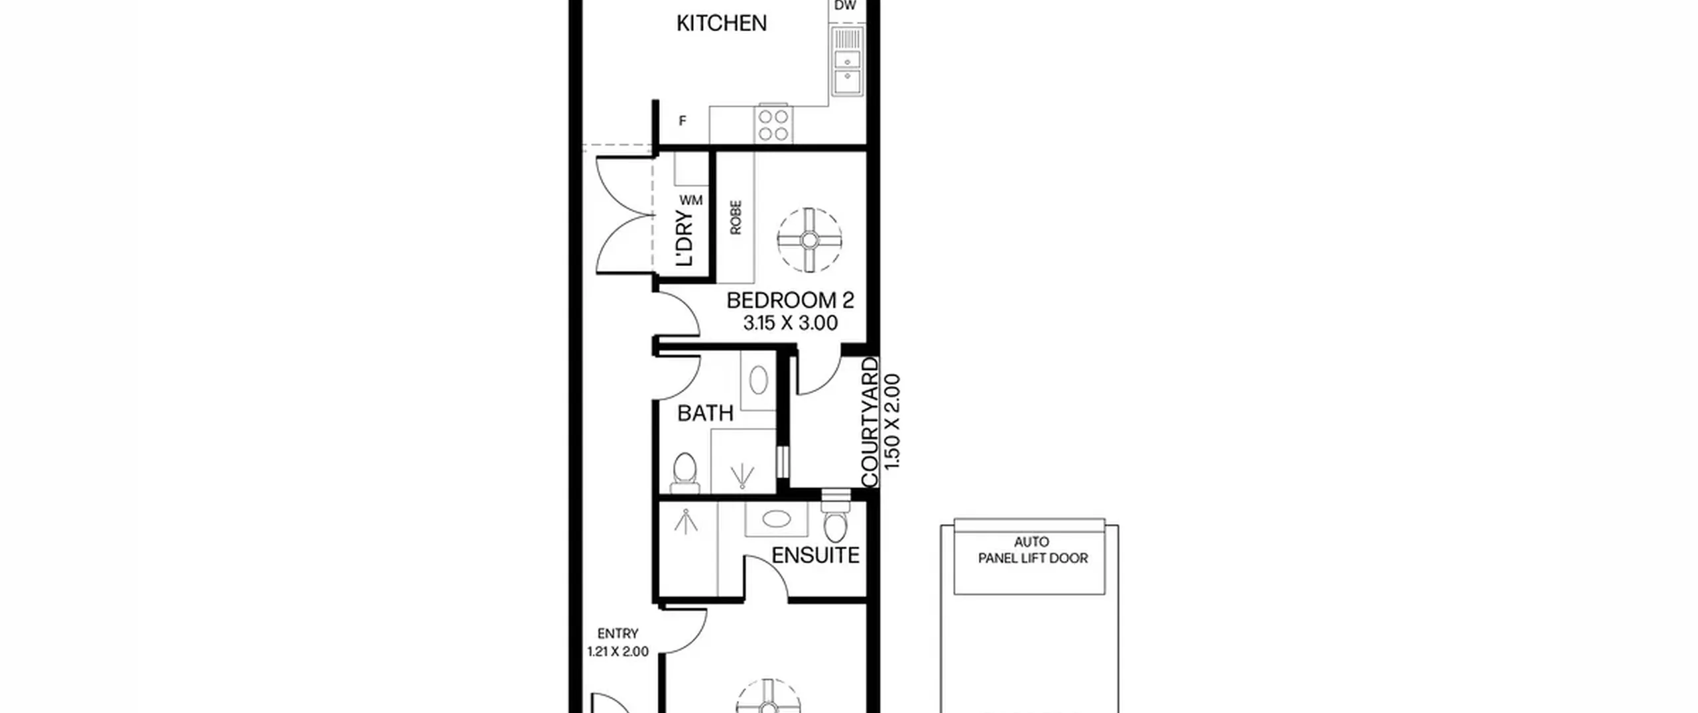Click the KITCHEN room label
[x=722, y=23]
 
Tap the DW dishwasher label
[x=845, y=6]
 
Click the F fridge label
[x=683, y=121]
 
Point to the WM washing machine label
[x=690, y=200]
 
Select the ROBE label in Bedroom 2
[x=736, y=218]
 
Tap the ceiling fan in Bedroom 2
[x=809, y=239]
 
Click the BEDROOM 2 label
[x=790, y=300]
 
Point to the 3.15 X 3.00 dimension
[x=790, y=323]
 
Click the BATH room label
[x=705, y=413]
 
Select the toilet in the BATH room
[x=685, y=473]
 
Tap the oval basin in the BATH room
[x=758, y=381]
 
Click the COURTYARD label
[x=870, y=422]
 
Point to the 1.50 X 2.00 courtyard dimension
[x=893, y=422]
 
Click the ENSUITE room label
[x=815, y=555]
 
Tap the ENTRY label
[x=618, y=633]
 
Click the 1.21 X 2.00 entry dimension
[x=618, y=651]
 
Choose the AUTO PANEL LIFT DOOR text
[x=1033, y=551]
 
